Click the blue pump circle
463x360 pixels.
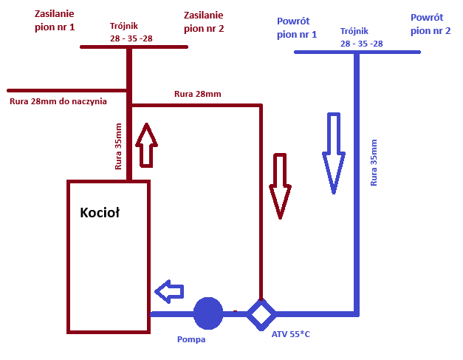[208, 313]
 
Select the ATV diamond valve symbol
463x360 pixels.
[260, 313]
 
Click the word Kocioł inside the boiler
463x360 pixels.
[100, 213]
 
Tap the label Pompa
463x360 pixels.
[191, 340]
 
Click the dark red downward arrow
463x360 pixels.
[280, 186]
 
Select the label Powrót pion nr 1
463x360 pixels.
[297, 28]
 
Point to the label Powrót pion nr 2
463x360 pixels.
[431, 24]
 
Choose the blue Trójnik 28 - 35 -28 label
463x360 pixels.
[361, 38]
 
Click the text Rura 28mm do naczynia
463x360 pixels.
[58, 101]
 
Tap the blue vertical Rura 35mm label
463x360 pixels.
[374, 161]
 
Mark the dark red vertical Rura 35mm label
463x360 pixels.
[118, 146]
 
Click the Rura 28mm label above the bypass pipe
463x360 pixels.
[197, 94]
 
